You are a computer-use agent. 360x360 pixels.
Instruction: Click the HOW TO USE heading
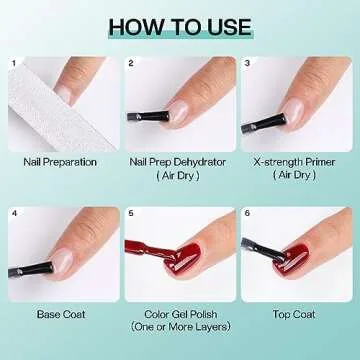coord(180,24)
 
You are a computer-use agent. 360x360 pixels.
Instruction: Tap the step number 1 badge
coord(14,64)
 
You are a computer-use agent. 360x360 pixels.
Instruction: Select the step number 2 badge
coord(131,64)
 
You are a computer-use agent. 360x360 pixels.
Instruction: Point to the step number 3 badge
coord(248,64)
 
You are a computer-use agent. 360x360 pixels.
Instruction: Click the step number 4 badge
coord(14,213)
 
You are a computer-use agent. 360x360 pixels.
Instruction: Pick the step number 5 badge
coord(131,213)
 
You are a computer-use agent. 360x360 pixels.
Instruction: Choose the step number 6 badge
coord(248,213)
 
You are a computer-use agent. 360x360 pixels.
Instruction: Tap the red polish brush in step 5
coord(145,245)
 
